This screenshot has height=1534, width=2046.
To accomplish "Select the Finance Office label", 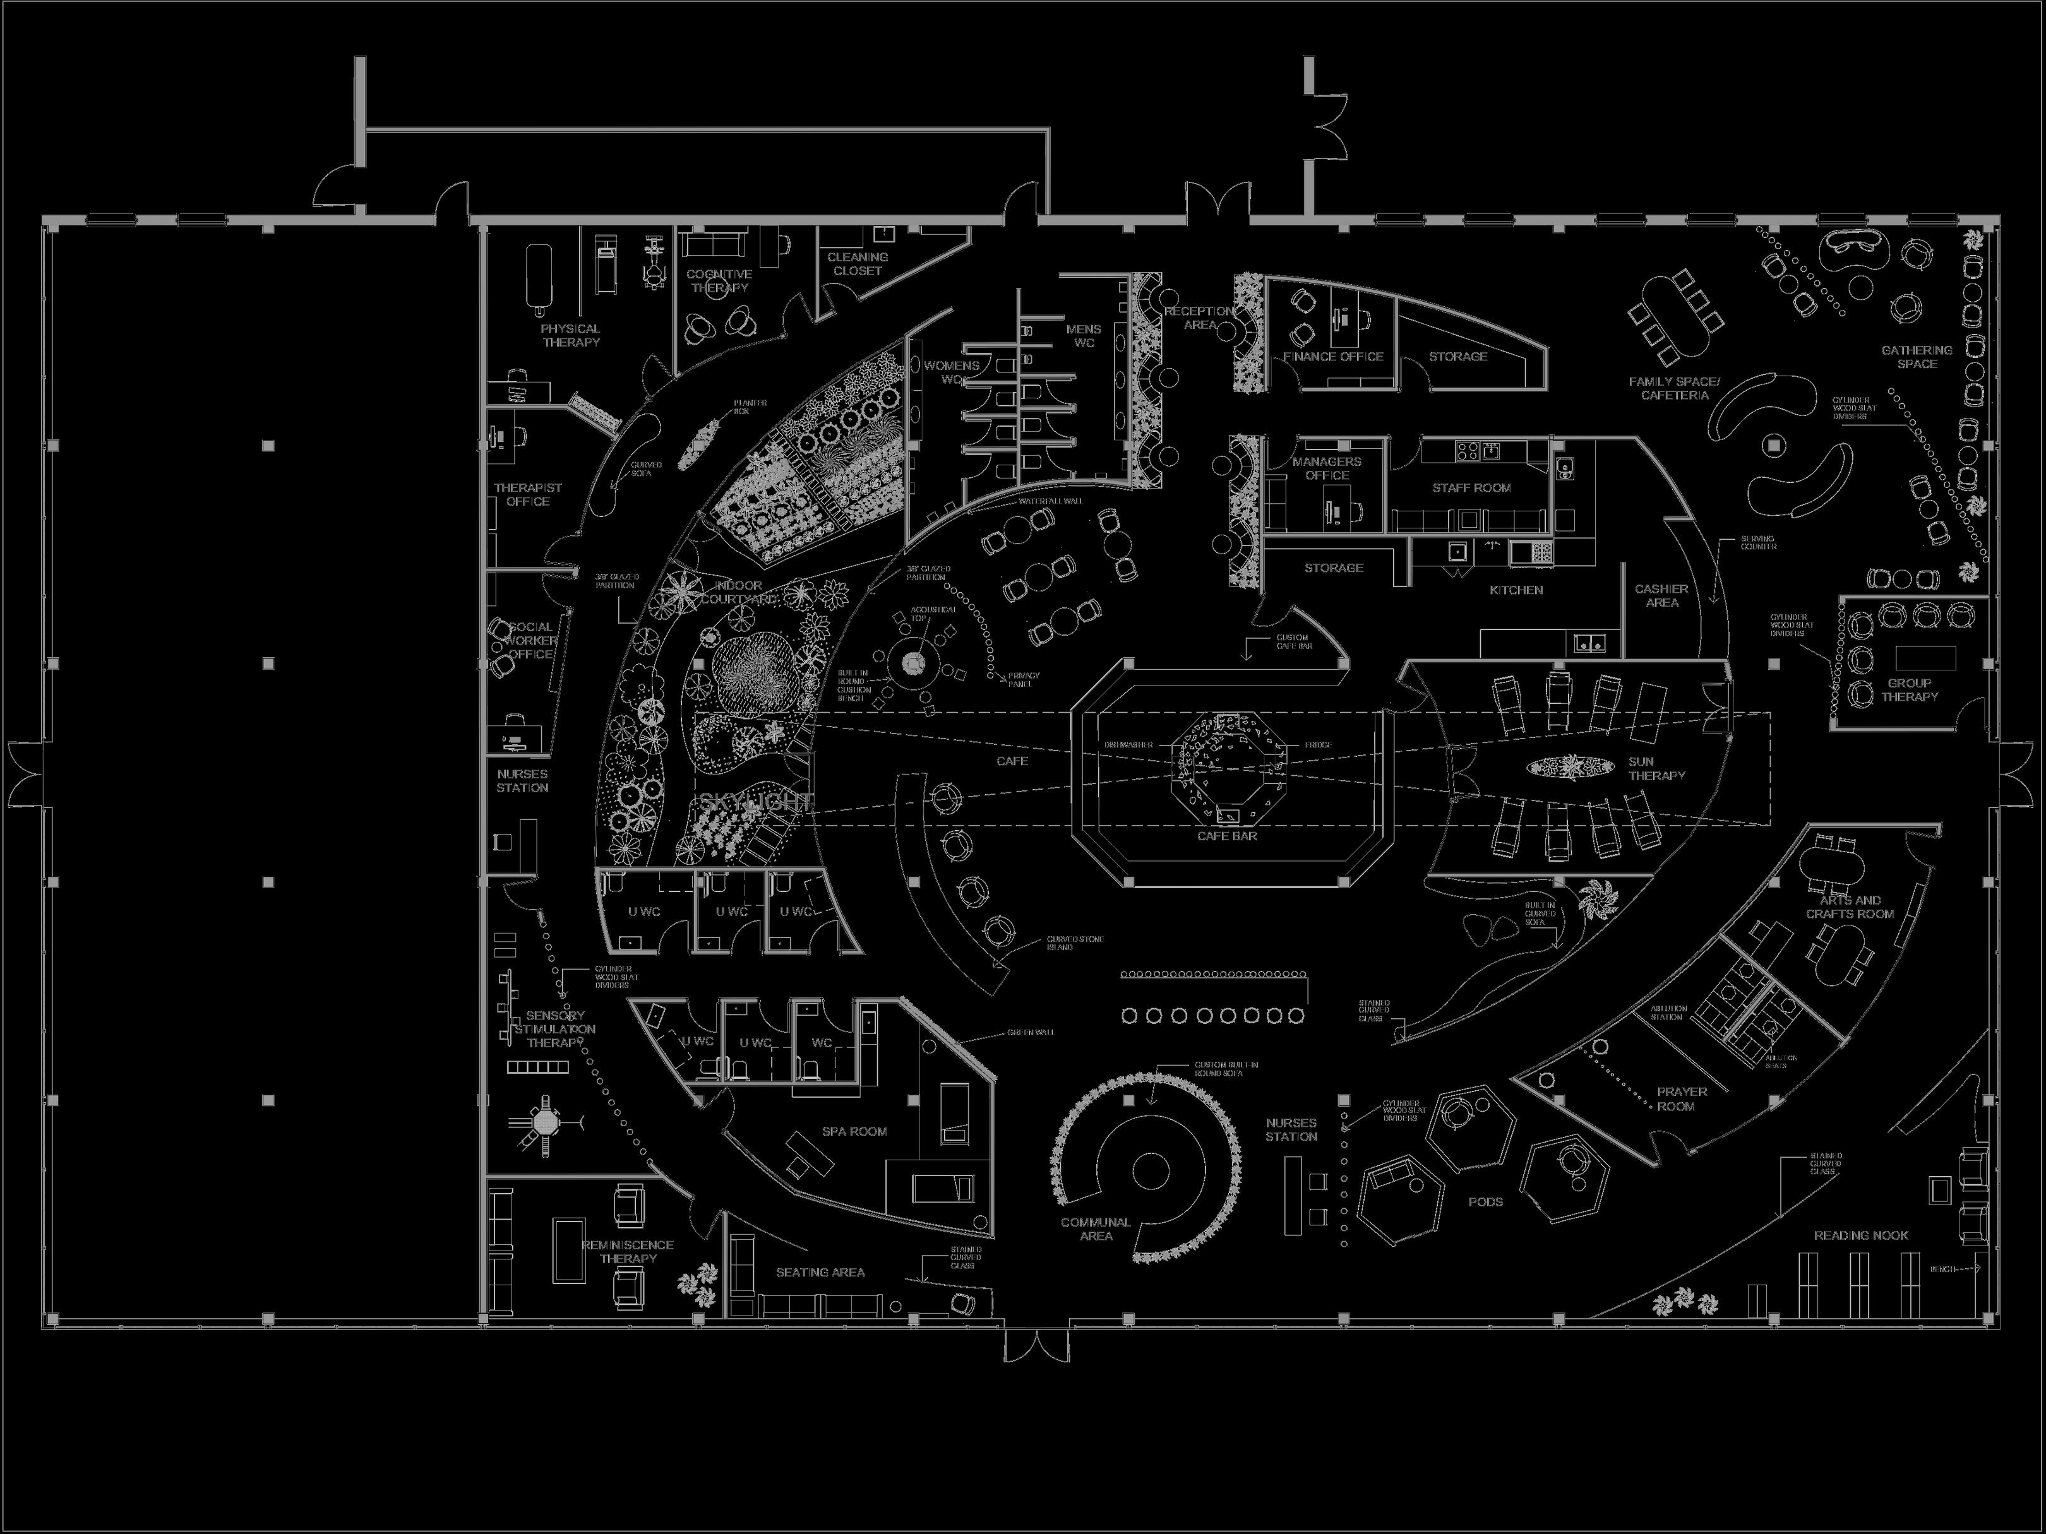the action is click(x=1333, y=357).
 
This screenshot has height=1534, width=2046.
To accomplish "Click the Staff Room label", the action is click(x=1471, y=488).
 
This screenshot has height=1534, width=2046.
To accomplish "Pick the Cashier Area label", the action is click(x=1661, y=595).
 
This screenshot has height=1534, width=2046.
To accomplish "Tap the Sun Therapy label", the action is click(x=1656, y=768).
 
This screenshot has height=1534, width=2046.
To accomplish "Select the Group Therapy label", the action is click(x=1909, y=690).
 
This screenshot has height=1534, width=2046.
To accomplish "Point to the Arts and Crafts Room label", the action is click(x=1850, y=907).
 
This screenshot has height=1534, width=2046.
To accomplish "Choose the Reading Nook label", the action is click(x=1861, y=1235).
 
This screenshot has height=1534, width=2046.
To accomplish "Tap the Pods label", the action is click(x=1485, y=1202).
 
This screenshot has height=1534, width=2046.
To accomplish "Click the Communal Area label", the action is click(x=1096, y=1229).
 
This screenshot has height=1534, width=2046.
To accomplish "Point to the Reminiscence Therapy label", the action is click(x=627, y=1252).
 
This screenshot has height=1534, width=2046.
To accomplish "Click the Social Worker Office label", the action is click(x=530, y=641).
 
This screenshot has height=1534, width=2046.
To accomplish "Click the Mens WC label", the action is click(x=1083, y=336).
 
